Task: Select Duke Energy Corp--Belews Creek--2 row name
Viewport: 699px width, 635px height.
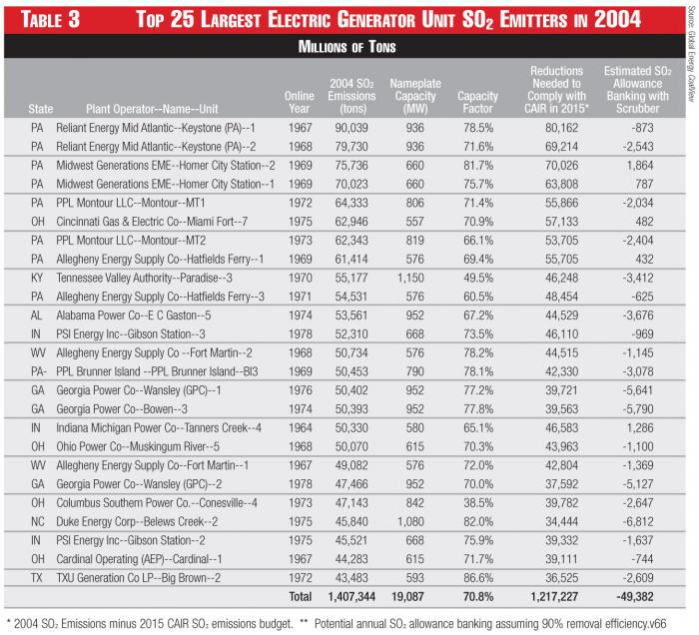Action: (x=152, y=496)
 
